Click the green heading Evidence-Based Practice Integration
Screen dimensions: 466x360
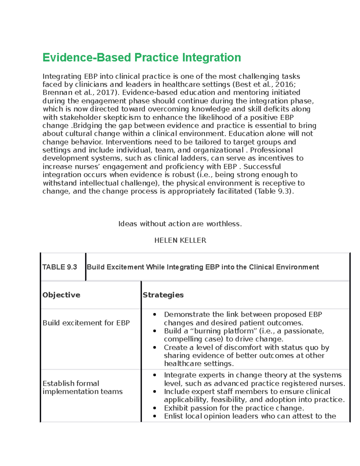point(142,58)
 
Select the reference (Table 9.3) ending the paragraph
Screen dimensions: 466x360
point(274,191)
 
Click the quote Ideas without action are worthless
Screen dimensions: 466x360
point(180,224)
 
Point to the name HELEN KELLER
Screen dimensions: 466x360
point(180,240)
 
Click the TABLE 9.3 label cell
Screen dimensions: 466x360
point(60,267)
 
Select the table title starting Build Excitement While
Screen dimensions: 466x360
point(203,267)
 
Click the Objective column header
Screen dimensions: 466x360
point(61,295)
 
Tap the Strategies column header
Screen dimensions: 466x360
point(163,295)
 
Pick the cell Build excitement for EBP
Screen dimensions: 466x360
point(86,323)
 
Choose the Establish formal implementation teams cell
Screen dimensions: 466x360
point(82,387)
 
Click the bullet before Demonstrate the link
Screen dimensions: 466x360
point(154,315)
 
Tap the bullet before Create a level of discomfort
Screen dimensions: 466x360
point(154,347)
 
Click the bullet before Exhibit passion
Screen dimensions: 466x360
point(154,408)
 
